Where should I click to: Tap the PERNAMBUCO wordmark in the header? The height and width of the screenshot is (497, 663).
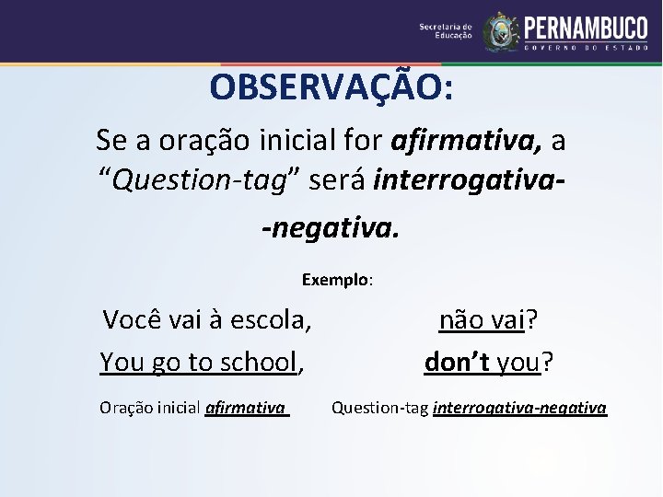click(586, 27)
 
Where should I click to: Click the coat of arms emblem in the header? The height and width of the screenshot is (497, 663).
click(501, 32)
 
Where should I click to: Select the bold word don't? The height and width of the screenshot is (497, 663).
click(458, 363)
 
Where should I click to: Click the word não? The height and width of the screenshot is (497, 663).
click(458, 320)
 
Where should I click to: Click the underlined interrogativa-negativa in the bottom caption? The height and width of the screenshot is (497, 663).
click(519, 407)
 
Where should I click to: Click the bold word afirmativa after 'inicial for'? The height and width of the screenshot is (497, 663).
click(466, 141)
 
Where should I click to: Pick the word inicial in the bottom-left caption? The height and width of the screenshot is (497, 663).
click(180, 407)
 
